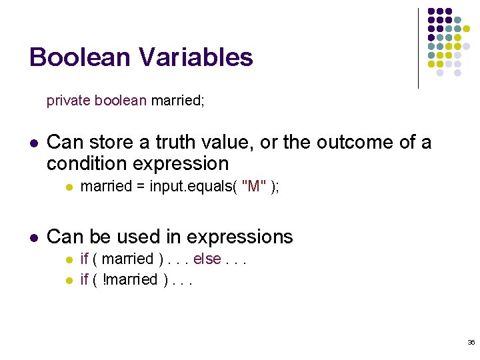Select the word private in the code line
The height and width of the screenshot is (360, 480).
(x=69, y=101)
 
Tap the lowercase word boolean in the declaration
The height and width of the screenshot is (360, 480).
(x=120, y=101)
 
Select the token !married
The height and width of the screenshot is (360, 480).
(x=131, y=279)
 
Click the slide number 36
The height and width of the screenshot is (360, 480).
(x=471, y=342)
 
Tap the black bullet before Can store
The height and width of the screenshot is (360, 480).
(x=34, y=143)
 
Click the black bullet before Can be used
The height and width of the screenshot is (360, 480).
(x=34, y=237)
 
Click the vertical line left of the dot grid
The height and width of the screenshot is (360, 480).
(x=418, y=48)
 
